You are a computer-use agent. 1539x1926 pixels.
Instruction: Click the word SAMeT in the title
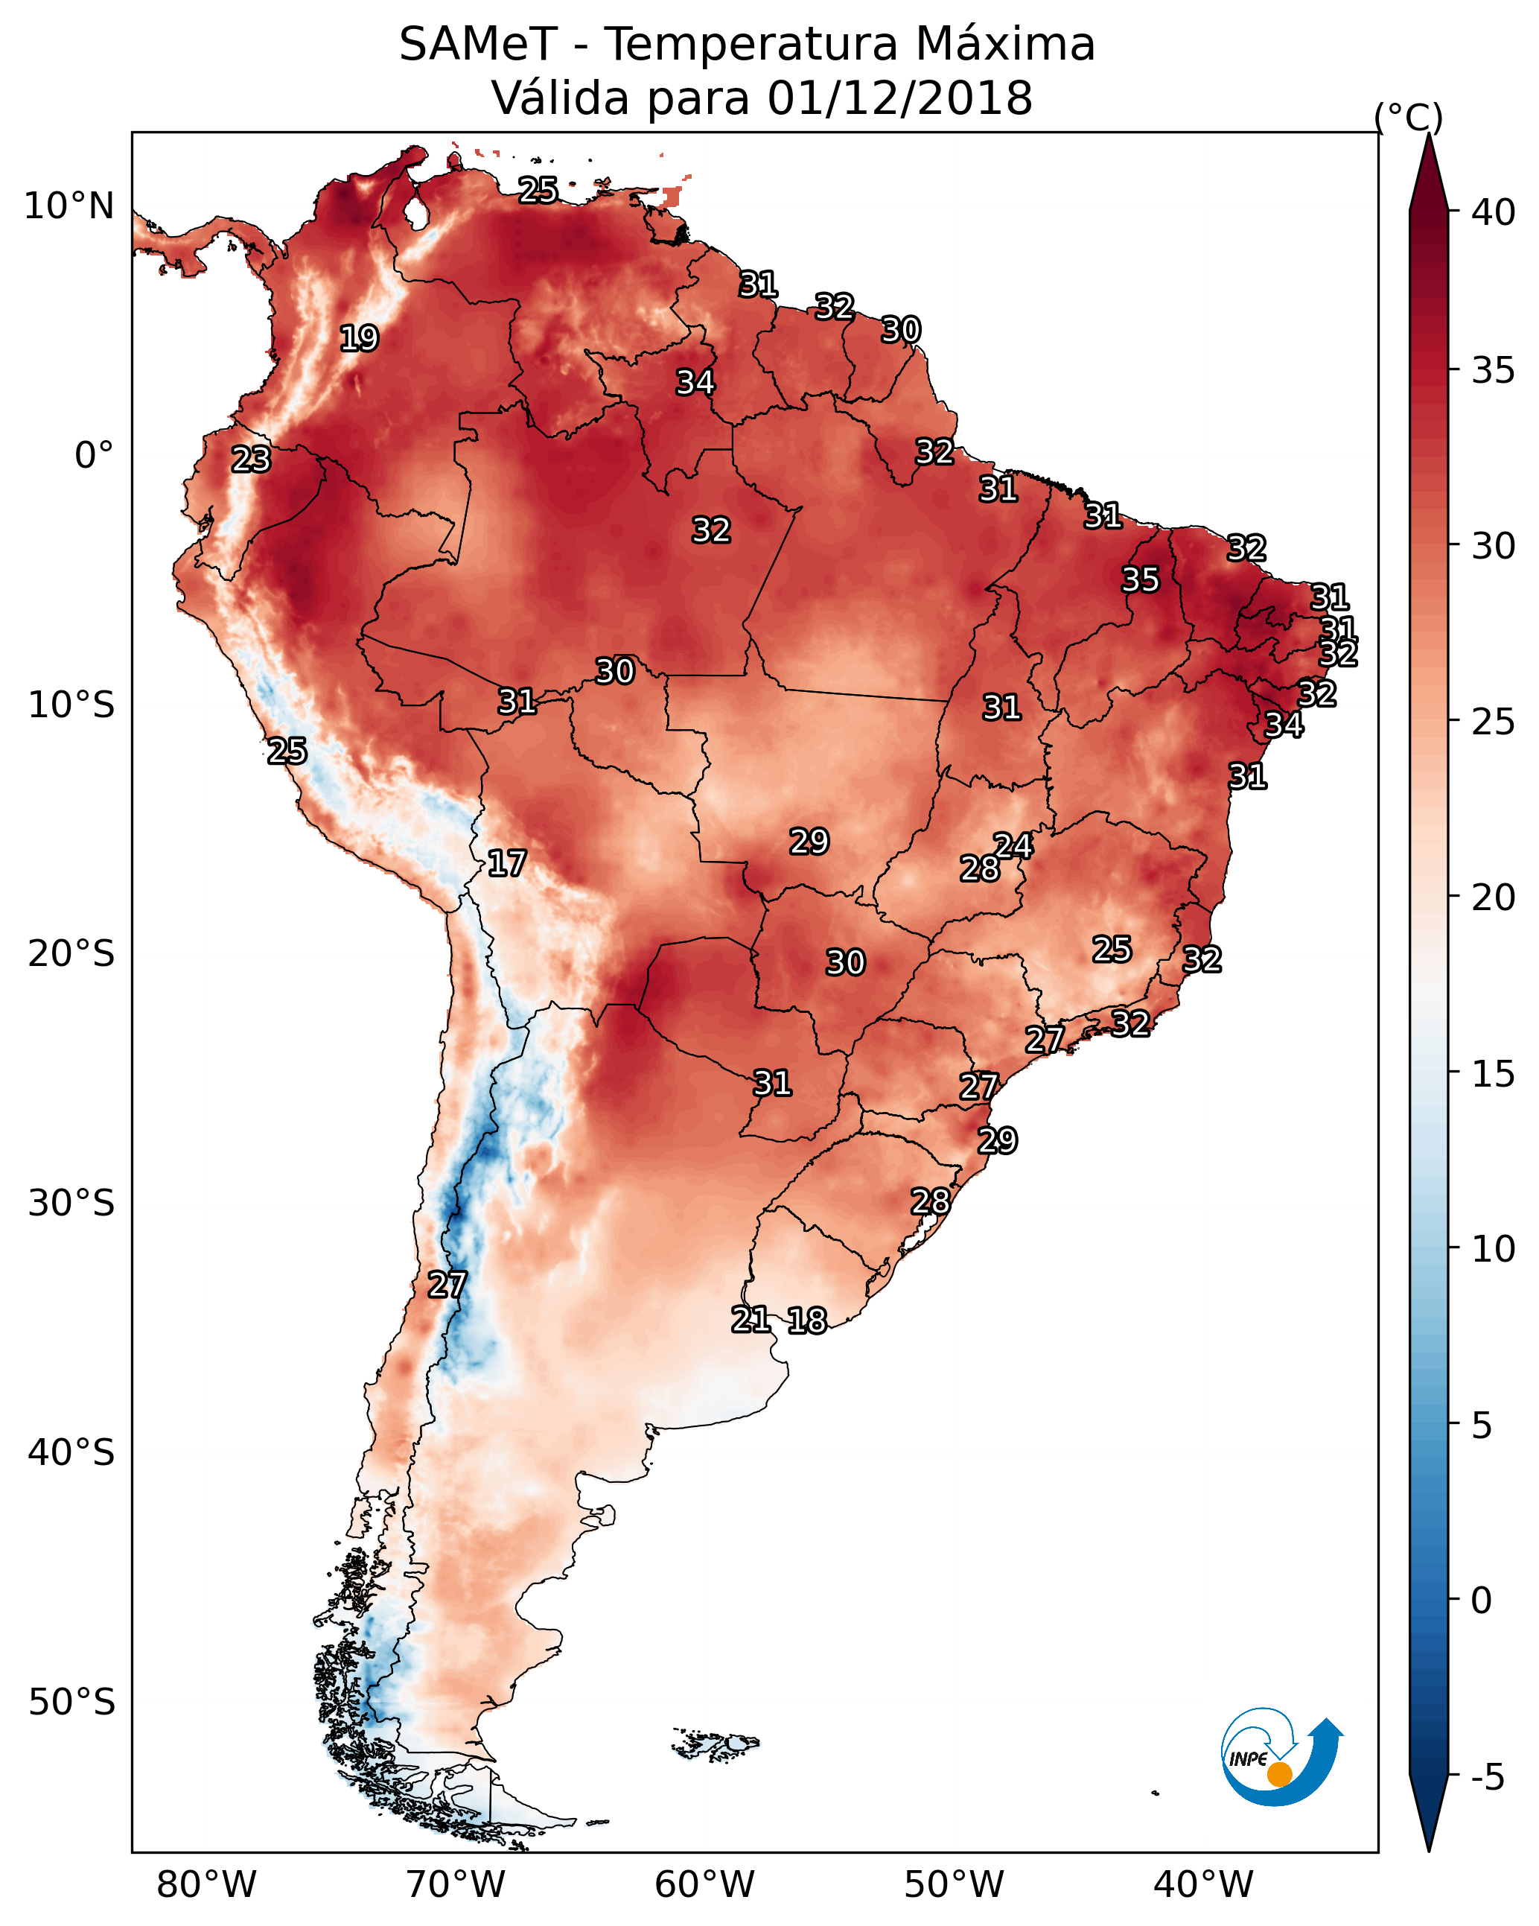478,45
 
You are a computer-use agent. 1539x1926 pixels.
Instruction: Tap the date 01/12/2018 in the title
899,98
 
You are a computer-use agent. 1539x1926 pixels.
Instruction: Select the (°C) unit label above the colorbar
1409,117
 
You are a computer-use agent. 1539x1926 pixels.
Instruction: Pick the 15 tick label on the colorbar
1494,1074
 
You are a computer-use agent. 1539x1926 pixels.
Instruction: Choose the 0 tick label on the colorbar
1481,1601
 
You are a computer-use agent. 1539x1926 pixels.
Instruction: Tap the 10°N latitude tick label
68,206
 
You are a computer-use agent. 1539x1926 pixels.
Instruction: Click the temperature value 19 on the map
359,339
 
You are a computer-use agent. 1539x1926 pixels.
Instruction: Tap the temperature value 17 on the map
506,863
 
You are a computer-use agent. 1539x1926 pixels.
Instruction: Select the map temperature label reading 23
251,460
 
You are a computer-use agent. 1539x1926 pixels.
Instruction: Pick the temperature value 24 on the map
1014,846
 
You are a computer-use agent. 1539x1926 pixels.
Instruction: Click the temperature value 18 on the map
807,1320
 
